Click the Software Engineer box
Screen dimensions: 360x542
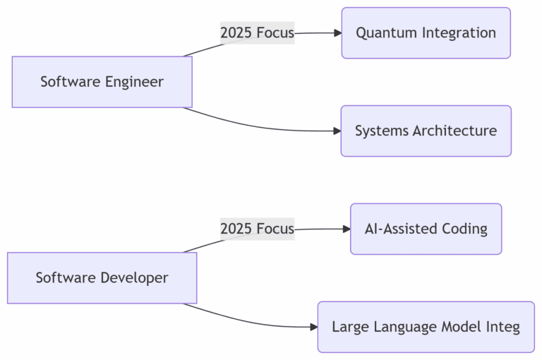click(102, 82)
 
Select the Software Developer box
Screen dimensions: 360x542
click(102, 278)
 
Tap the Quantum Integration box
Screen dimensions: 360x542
click(426, 33)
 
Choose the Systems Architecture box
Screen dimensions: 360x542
click(426, 131)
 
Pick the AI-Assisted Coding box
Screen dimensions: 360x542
click(426, 229)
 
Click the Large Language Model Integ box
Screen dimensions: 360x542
click(426, 327)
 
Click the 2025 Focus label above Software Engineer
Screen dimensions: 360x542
click(257, 32)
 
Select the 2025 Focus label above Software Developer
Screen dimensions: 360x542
click(257, 229)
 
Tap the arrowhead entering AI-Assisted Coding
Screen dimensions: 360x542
click(346, 229)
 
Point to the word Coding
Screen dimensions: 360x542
click(463, 229)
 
